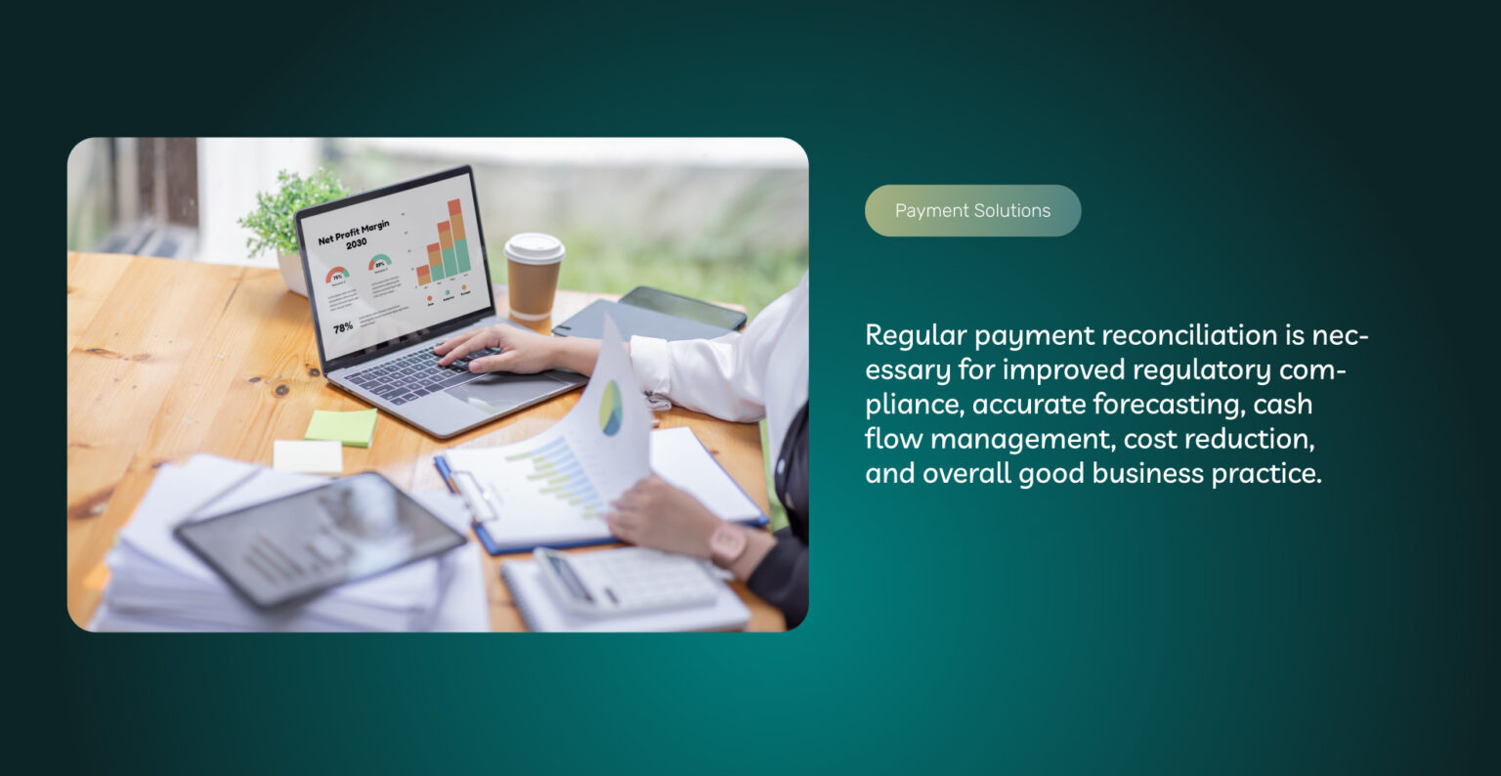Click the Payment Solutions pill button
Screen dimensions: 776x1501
(972, 211)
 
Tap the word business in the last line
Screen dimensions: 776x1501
(1147, 474)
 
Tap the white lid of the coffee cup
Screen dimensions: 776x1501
(534, 247)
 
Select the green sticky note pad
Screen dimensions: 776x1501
(340, 427)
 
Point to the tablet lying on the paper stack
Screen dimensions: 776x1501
(320, 537)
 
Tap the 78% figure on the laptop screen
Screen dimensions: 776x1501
(343, 327)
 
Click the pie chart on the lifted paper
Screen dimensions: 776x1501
(611, 407)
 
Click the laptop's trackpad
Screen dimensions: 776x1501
(494, 390)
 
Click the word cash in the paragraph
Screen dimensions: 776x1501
(1284, 405)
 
